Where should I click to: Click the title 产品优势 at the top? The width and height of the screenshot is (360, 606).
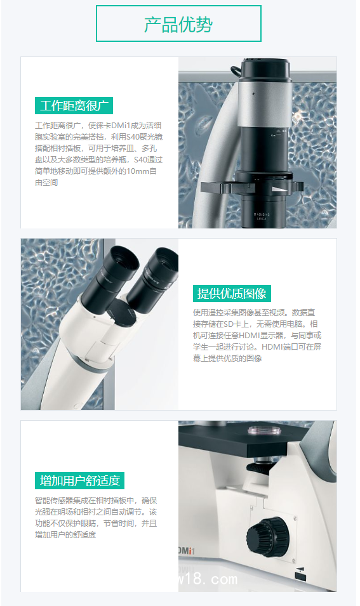(x=178, y=24)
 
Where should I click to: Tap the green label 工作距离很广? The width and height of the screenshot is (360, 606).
(x=74, y=106)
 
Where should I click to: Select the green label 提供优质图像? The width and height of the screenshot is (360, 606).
(x=232, y=293)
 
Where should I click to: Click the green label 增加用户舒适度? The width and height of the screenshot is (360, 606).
(x=79, y=480)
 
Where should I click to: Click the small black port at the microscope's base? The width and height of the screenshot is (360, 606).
(x=299, y=577)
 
